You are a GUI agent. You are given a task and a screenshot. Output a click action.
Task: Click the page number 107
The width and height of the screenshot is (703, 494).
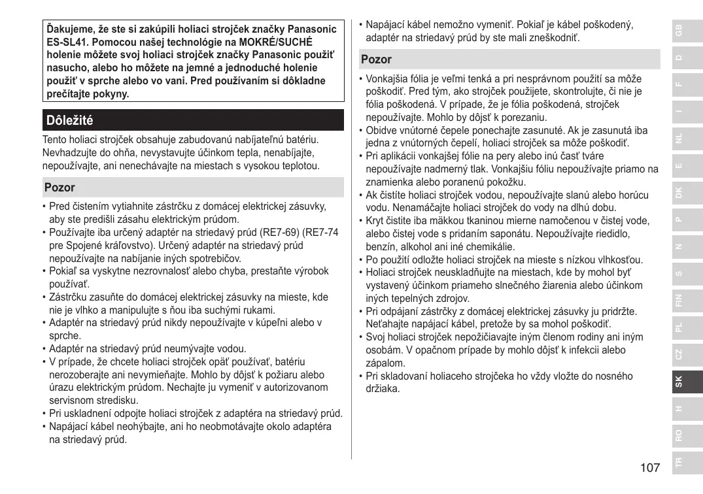pos(650,467)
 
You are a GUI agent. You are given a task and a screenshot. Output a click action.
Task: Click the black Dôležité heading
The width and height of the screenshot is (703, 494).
pos(70,120)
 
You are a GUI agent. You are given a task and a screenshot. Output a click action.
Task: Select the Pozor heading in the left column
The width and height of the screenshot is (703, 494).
pos(60,188)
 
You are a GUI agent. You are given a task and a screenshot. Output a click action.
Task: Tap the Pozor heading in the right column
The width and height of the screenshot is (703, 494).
pos(377,59)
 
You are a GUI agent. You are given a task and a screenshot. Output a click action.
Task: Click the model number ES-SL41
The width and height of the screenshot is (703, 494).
pos(65,42)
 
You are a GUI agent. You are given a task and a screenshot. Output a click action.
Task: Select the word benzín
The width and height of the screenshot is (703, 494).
pos(381,247)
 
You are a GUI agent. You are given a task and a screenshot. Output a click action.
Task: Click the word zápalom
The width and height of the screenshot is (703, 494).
pos(385,363)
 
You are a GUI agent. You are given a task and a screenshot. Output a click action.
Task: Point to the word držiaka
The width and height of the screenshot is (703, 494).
pos(383,389)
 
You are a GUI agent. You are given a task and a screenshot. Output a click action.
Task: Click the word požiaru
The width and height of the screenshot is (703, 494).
pos(288,375)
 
